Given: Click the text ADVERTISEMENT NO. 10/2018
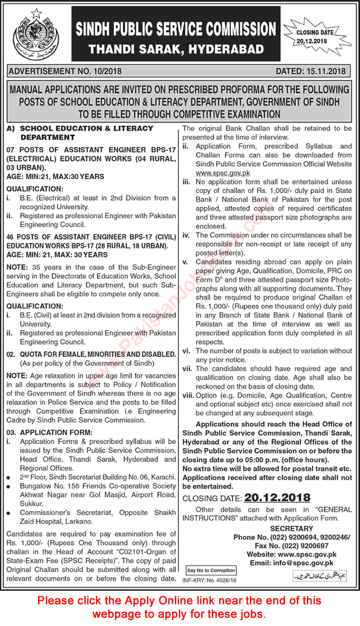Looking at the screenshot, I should click(x=67, y=72).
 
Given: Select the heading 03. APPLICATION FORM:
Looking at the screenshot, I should click(x=54, y=433).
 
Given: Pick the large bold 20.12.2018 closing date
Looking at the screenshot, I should click(x=276, y=498).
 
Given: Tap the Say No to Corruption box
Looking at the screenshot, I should click(x=211, y=570).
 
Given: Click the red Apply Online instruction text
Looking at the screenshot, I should click(x=180, y=607).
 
